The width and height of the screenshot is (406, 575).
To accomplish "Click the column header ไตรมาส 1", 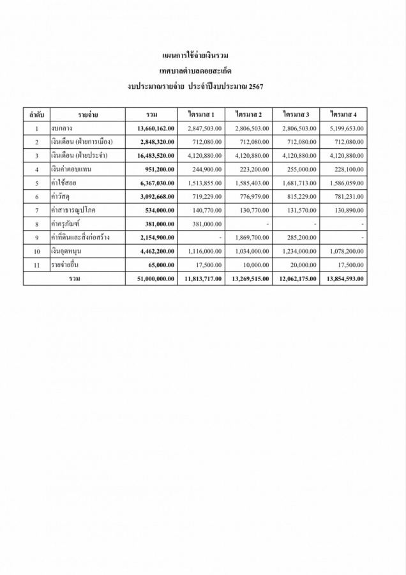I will tap(201, 114).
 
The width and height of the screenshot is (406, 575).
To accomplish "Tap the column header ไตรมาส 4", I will tap(343, 114).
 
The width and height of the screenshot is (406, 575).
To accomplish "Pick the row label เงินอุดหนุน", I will tap(68, 251).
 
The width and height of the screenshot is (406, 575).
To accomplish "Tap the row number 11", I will tap(37, 264).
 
